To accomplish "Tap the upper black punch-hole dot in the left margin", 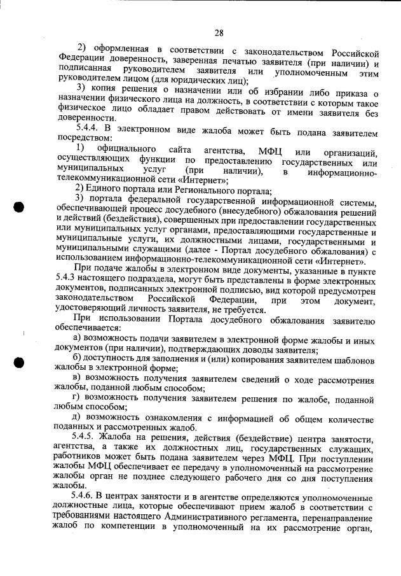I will pyautogui.click(x=18, y=208).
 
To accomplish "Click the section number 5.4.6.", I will pyautogui.click(x=85, y=494).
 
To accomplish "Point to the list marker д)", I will pyautogui.click(x=78, y=418).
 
